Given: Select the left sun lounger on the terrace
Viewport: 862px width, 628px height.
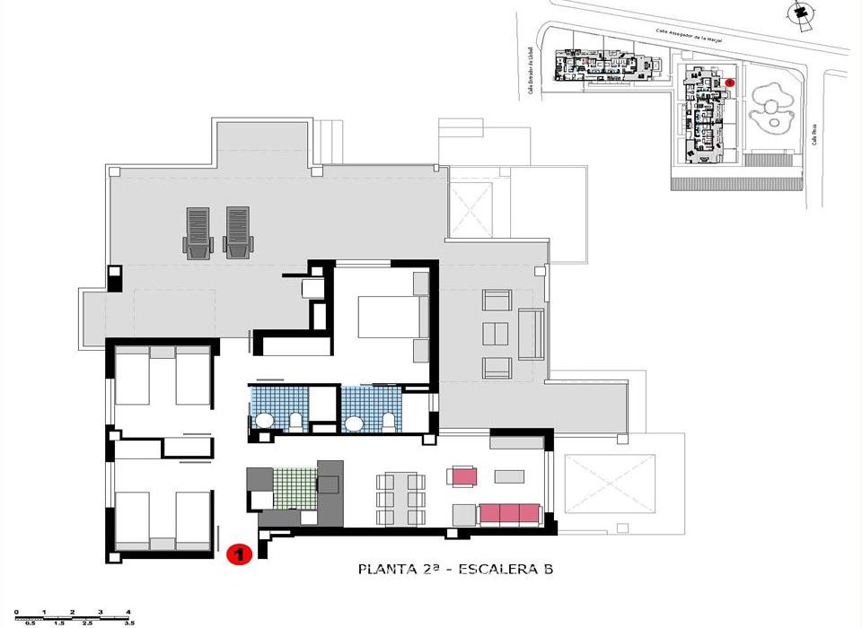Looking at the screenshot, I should tap(198, 233).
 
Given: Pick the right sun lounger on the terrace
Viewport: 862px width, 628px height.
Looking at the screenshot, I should tap(237, 233).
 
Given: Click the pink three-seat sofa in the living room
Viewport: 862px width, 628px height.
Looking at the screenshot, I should tap(509, 514).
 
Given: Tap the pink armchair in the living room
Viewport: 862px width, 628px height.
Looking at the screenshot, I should tap(463, 475).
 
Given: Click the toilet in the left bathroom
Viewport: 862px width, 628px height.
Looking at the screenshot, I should tap(296, 421).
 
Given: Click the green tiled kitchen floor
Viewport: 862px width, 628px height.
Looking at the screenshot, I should tap(297, 490).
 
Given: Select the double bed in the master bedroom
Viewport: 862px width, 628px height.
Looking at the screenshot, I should tap(388, 316).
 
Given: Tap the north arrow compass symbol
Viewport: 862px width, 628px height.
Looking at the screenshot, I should tap(796, 12).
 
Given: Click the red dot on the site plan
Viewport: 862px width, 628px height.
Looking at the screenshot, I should tap(730, 83).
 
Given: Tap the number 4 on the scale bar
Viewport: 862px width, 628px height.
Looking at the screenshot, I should tap(128, 611).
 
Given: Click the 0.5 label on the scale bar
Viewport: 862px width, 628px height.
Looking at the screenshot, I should tap(31, 622).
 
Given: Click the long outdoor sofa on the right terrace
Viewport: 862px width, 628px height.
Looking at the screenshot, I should tap(531, 333).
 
